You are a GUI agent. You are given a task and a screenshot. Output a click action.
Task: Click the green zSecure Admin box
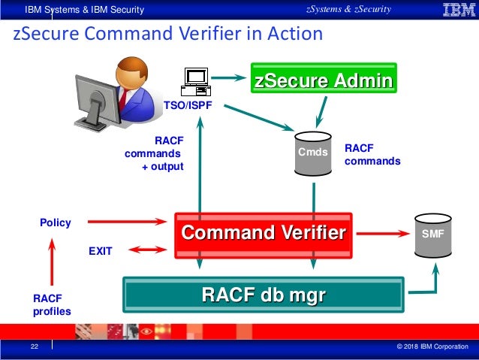click(323, 80)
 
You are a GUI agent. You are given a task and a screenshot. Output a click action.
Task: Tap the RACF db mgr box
click(263, 294)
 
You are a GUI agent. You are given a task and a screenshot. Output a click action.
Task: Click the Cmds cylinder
click(314, 153)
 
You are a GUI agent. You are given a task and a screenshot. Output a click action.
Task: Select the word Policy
click(55, 222)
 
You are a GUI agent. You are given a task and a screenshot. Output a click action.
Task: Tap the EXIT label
click(101, 252)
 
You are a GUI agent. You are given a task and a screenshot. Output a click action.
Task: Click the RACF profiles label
click(50, 304)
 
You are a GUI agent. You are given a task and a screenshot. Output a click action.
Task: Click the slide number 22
click(35, 346)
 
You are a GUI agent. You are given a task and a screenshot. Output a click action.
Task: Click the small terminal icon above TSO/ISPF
click(197, 81)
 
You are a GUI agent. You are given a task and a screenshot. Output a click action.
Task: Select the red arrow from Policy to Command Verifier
click(126, 222)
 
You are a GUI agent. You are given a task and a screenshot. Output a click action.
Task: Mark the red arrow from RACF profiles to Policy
click(51, 263)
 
